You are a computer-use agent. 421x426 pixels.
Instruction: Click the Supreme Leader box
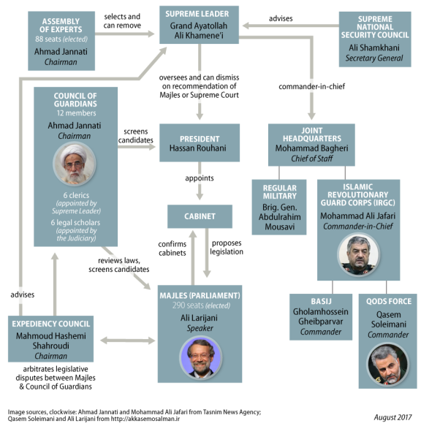point(199,25)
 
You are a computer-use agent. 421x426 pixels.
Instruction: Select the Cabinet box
point(200,216)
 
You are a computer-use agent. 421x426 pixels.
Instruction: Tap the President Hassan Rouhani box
point(200,143)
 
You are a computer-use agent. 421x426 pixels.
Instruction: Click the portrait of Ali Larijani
point(201,358)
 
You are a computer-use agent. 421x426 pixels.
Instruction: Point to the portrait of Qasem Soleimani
point(388,365)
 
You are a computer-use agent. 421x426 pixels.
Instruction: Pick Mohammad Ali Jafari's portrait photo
point(358,255)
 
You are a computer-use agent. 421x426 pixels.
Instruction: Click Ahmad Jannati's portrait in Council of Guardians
point(75,164)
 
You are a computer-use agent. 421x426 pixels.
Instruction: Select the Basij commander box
point(321,317)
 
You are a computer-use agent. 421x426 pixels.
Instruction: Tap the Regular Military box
point(279,207)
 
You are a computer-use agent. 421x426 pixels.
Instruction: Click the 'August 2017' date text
point(392,417)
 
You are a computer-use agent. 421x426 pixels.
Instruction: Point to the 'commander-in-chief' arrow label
point(312,87)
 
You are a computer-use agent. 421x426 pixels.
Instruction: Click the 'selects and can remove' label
point(122,21)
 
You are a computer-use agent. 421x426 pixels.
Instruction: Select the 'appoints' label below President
point(200,178)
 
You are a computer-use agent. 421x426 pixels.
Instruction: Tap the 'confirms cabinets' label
point(172,248)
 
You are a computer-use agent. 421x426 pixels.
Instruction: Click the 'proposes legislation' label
point(227,247)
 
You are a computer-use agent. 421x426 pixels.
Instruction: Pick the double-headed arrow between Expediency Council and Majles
point(127,341)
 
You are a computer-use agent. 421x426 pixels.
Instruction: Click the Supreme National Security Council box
point(375,39)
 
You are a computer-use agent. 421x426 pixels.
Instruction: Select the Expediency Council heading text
point(51,324)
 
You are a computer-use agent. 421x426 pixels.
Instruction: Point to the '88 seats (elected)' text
point(61,39)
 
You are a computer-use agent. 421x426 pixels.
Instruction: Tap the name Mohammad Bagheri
point(311,148)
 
